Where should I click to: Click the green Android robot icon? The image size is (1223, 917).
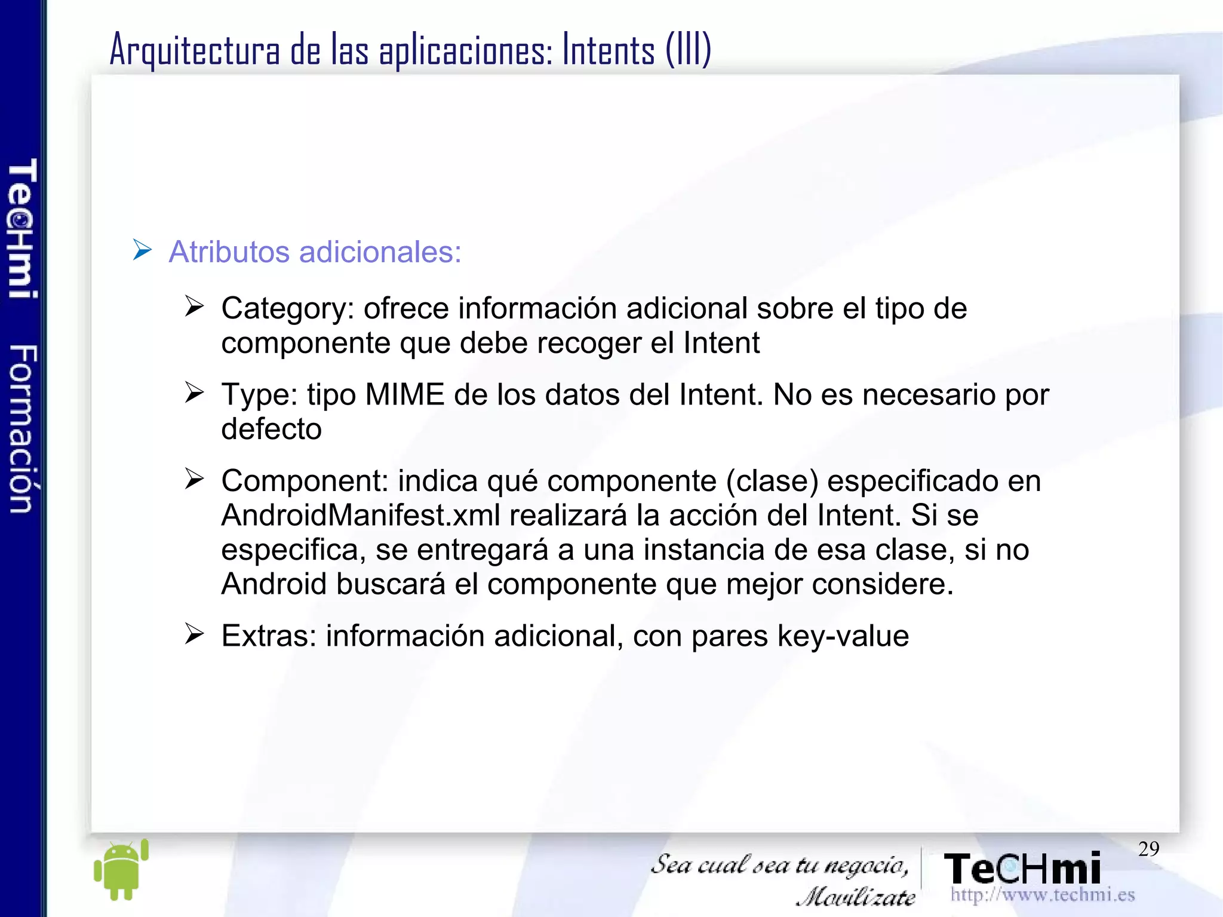pyautogui.click(x=121, y=870)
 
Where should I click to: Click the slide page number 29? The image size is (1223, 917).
pyautogui.click(x=1148, y=849)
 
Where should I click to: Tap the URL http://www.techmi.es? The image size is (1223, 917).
pyautogui.click(x=1042, y=895)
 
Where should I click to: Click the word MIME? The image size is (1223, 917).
pyautogui.click(x=405, y=395)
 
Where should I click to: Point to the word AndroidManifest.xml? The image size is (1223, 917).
pyautogui.click(x=361, y=516)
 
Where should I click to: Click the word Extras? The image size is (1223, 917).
pyautogui.click(x=268, y=636)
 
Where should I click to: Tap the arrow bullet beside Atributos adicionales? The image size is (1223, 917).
pyautogui.click(x=142, y=250)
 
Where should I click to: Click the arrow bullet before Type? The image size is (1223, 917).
pyautogui.click(x=194, y=392)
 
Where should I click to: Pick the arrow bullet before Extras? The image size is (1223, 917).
pyautogui.click(x=194, y=633)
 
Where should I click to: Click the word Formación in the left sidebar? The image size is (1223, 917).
pyautogui.click(x=23, y=428)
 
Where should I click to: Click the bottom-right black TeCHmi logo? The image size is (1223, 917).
pyautogui.click(x=1022, y=869)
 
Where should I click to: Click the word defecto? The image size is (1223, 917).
pyautogui.click(x=271, y=430)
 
